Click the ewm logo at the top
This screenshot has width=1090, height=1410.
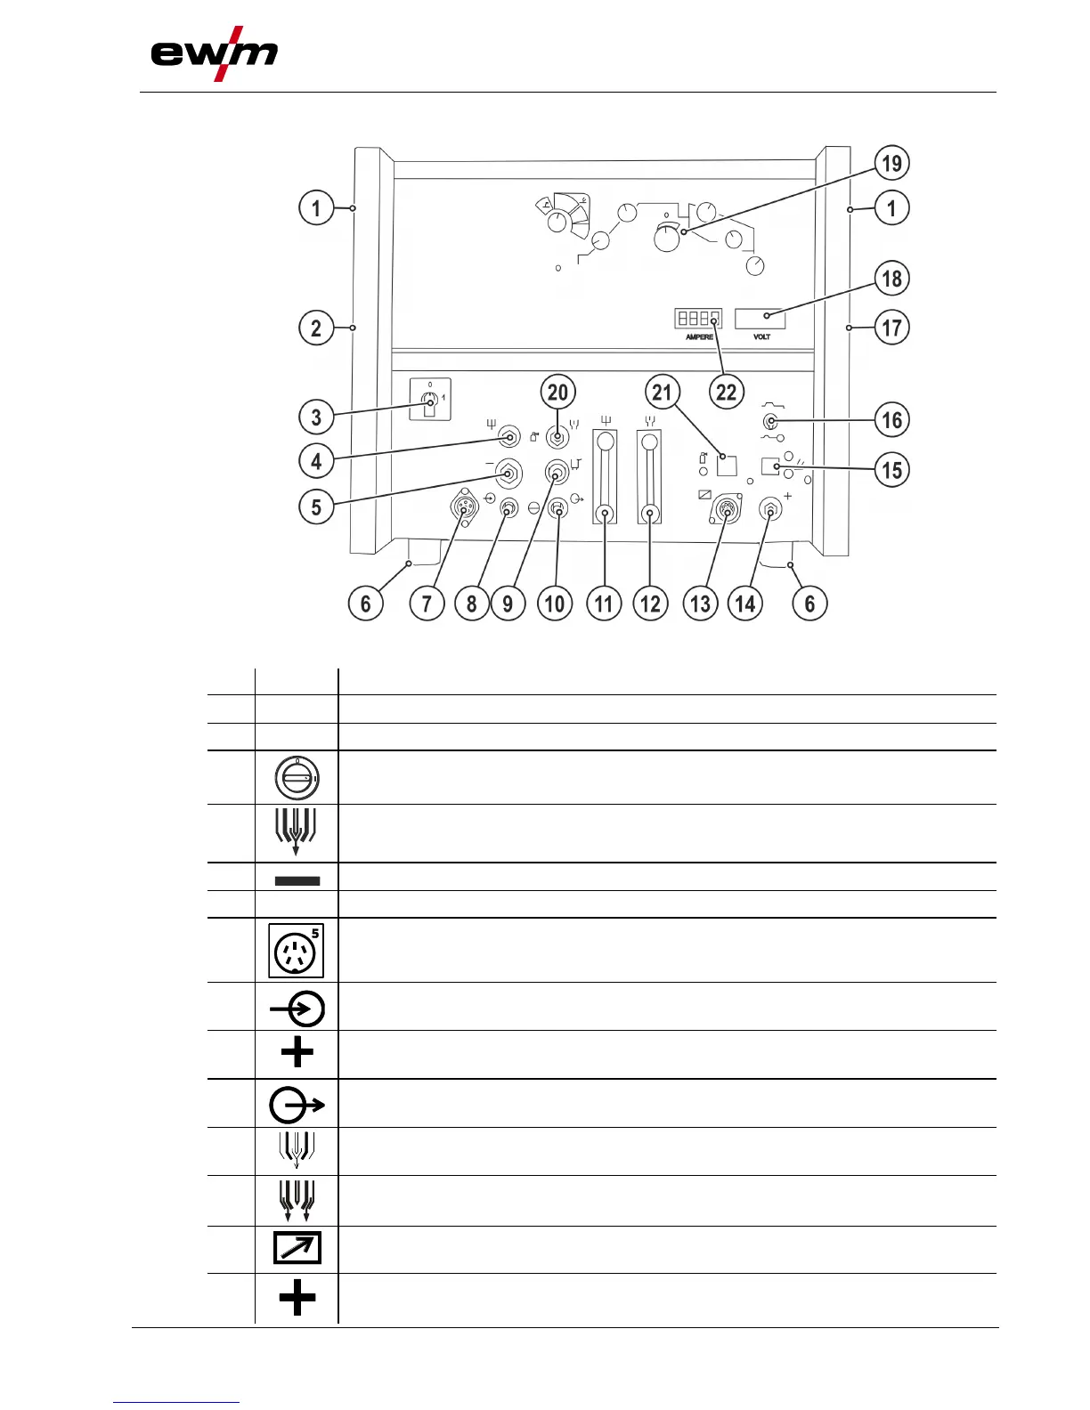click(x=214, y=55)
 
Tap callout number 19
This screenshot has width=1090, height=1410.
click(x=891, y=164)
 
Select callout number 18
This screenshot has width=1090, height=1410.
click(x=891, y=279)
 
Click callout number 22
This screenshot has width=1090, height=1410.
click(x=727, y=392)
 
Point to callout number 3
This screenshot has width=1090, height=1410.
click(x=316, y=417)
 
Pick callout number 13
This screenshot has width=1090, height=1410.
click(x=700, y=604)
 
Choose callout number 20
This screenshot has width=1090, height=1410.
click(x=557, y=392)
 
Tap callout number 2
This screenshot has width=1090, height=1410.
click(x=316, y=328)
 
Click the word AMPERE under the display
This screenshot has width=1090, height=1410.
click(x=699, y=337)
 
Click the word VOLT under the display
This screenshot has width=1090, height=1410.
click(x=761, y=337)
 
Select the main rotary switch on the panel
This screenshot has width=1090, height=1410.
click(x=430, y=405)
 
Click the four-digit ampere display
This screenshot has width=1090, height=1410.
click(x=697, y=318)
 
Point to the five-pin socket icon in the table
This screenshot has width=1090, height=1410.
click(x=297, y=951)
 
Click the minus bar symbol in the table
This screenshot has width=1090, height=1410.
click(x=297, y=880)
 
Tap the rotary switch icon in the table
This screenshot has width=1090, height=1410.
click(x=297, y=778)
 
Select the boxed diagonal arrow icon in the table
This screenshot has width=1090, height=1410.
click(x=297, y=1249)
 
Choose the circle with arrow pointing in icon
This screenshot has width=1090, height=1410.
click(x=297, y=1009)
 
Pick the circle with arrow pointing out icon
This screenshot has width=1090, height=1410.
click(x=297, y=1106)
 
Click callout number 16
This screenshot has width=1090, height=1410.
click(x=891, y=419)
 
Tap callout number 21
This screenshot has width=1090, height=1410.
click(x=662, y=392)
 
